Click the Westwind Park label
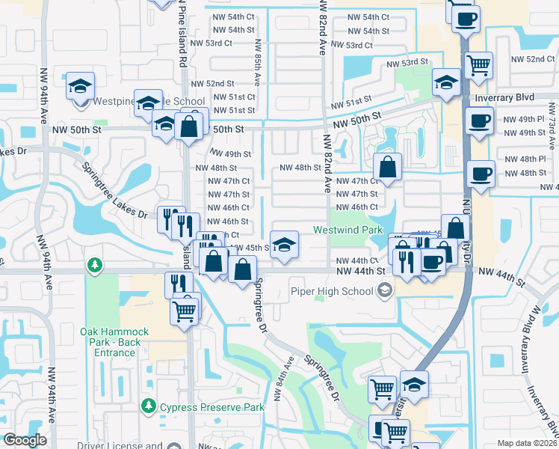point(348,230)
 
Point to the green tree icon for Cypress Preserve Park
point(149,407)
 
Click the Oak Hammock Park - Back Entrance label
point(115,342)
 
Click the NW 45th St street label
point(250,248)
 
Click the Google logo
point(25,440)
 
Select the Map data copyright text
point(528,443)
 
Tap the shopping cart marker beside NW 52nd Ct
point(478,66)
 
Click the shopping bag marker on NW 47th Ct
point(387,168)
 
